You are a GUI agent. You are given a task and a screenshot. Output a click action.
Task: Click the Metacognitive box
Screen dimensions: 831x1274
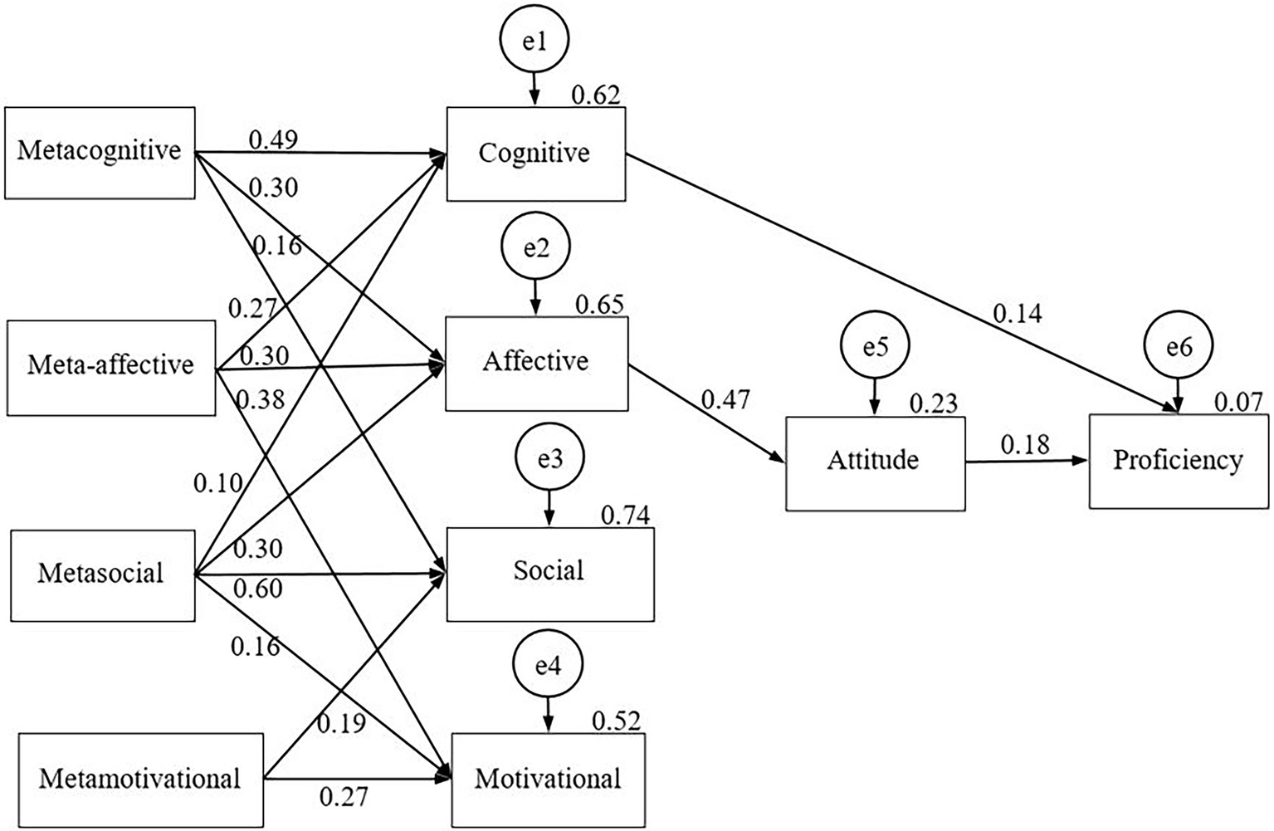tap(100, 153)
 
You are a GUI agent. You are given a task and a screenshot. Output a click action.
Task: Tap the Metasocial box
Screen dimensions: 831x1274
tap(102, 574)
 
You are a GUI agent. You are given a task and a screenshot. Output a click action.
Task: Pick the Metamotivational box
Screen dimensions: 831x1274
tap(140, 780)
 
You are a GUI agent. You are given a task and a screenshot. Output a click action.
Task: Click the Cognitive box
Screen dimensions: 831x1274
tap(535, 154)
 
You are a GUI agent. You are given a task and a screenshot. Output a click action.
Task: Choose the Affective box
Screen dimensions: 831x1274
tap(536, 363)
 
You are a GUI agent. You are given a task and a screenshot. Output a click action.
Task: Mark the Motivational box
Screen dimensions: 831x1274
tap(548, 779)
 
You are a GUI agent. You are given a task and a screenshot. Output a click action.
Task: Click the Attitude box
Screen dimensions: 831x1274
tap(875, 462)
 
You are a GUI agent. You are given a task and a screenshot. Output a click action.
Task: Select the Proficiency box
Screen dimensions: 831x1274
tap(1179, 461)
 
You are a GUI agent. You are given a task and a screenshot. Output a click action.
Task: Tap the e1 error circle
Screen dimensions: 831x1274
tap(534, 41)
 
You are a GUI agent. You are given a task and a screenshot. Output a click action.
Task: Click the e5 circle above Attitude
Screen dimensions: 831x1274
tap(875, 347)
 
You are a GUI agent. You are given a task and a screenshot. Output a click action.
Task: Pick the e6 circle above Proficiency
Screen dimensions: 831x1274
tap(1179, 347)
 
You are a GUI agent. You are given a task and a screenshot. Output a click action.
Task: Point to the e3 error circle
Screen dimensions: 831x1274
tap(549, 458)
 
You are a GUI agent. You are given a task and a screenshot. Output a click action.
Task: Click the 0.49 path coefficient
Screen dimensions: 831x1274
tap(273, 139)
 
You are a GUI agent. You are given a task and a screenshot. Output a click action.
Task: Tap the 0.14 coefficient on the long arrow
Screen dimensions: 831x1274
tap(1018, 313)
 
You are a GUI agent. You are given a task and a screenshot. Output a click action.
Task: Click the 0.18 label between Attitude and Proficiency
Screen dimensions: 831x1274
tap(1024, 445)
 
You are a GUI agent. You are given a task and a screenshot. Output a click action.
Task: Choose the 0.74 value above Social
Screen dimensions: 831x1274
tap(625, 516)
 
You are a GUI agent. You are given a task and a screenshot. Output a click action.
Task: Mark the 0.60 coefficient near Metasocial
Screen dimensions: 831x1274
tap(258, 589)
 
